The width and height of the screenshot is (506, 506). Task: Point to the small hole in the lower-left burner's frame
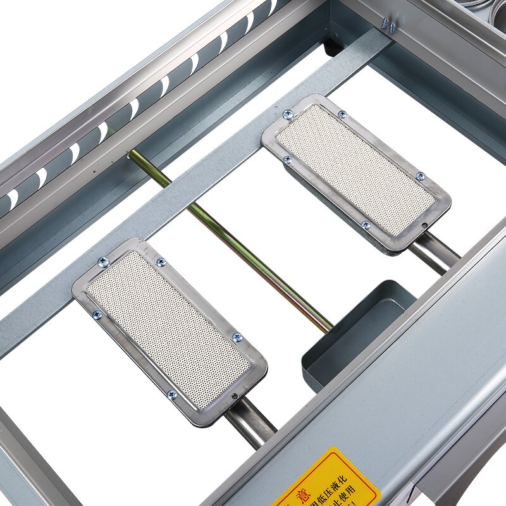click(235, 397)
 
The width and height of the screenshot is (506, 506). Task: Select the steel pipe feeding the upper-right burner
click(433, 250)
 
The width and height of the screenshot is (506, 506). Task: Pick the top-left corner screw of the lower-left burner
click(102, 261)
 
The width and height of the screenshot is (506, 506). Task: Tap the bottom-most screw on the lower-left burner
click(172, 395)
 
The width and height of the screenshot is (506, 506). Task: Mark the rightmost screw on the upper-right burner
click(420, 176)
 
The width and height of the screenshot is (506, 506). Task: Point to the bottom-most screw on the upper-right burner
click(366, 225)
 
